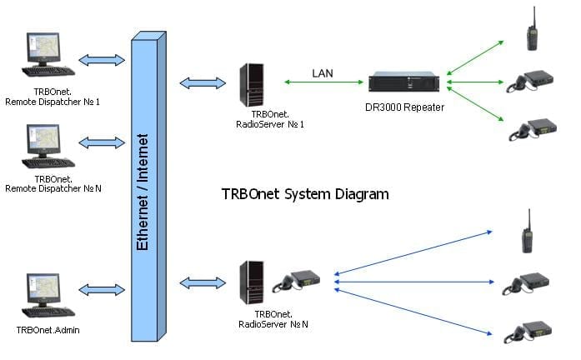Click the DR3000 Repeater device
pyautogui.click(x=404, y=82)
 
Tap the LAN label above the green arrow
pyautogui.click(x=323, y=73)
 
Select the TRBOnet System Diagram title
pyautogui.click(x=305, y=194)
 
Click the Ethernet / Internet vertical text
pyautogui.click(x=143, y=192)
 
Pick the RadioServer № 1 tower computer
pyautogui.click(x=252, y=85)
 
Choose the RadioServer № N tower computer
pyautogui.click(x=252, y=282)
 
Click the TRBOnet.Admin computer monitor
pyautogui.click(x=43, y=290)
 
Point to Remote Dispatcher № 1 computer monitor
pyautogui.click(x=43, y=49)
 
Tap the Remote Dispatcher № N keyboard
pyautogui.click(x=48, y=162)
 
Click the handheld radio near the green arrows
pyautogui.click(x=532, y=29)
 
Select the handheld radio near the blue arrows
pyautogui.click(x=528, y=232)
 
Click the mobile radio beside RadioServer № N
pyautogui.click(x=297, y=281)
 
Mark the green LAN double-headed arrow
pyautogui.click(x=324, y=82)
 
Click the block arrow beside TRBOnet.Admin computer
pyautogui.click(x=102, y=290)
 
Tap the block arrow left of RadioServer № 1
pyautogui.click(x=203, y=83)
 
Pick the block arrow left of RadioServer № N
pyautogui.click(x=203, y=283)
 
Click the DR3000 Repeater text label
pyautogui.click(x=404, y=107)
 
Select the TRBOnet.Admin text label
pyautogui.click(x=48, y=330)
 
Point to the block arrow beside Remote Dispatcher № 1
pyautogui.click(x=102, y=60)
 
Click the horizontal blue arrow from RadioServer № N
pyautogui.click(x=414, y=282)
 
